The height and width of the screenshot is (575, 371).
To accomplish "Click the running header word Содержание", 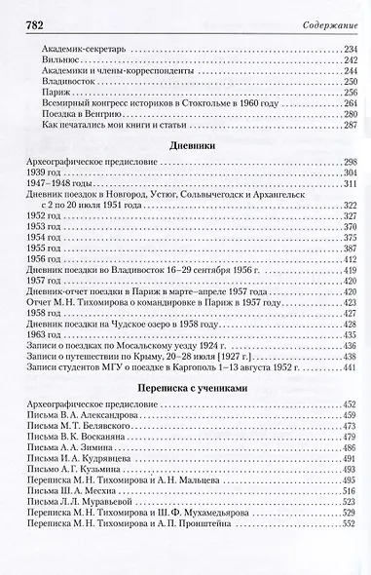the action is (330, 12).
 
